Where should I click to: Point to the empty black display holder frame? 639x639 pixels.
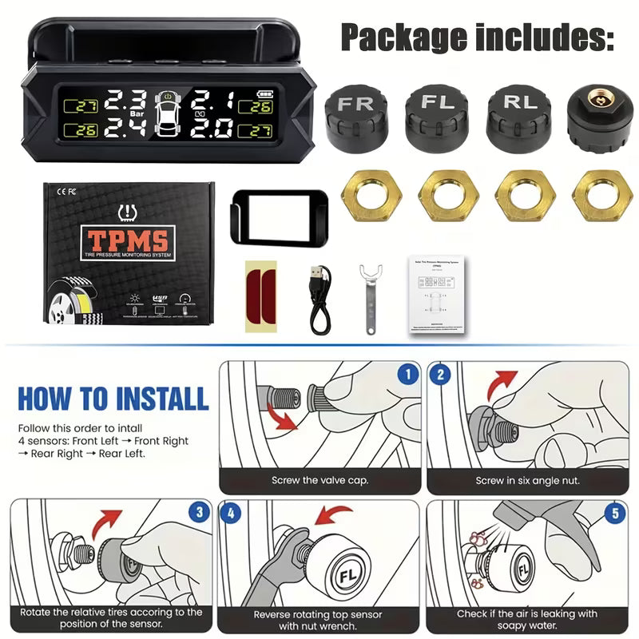pyautogui.click(x=277, y=216)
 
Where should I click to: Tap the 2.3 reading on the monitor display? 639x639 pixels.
pyautogui.click(x=125, y=101)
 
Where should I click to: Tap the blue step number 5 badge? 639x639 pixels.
pyautogui.click(x=613, y=513)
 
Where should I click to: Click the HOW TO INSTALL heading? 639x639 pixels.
pyautogui.click(x=113, y=398)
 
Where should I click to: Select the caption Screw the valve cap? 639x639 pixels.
pyautogui.click(x=319, y=480)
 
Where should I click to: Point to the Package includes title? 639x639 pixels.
pyautogui.click(x=477, y=37)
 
